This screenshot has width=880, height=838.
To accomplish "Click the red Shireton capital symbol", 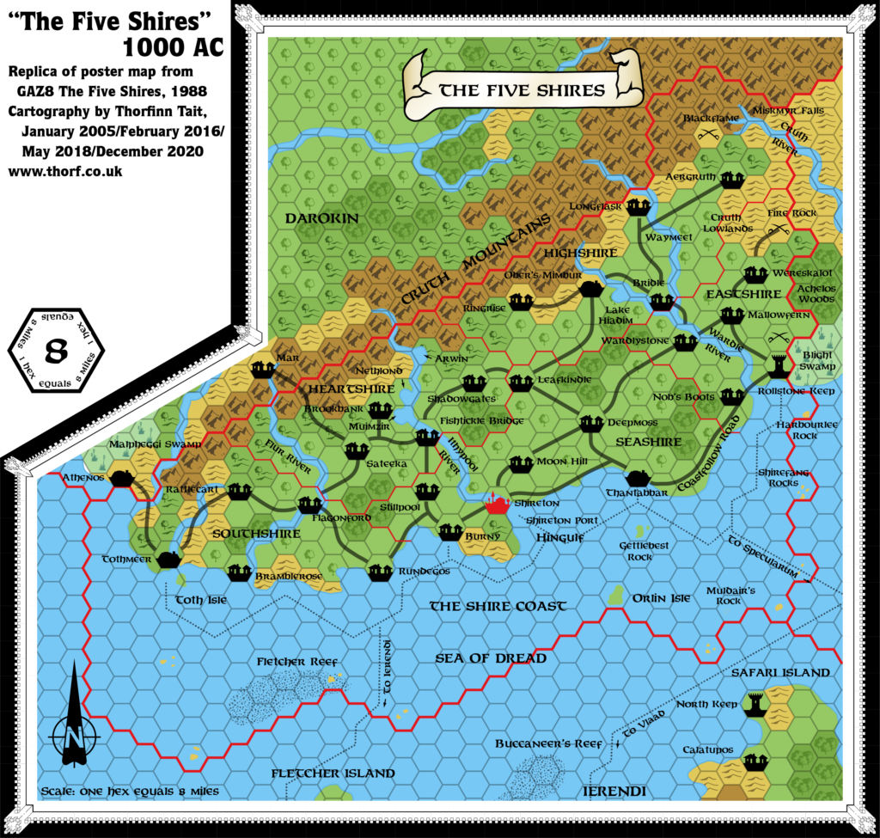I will pyautogui.click(x=496, y=504).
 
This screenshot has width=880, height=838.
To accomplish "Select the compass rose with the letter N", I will pyautogui.click(x=74, y=732).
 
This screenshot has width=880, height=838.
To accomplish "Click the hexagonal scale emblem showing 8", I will pyautogui.click(x=56, y=350).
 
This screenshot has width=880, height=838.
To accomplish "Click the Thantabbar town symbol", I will pyautogui.click(x=639, y=478).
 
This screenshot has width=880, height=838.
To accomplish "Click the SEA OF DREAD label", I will pyautogui.click(x=490, y=658).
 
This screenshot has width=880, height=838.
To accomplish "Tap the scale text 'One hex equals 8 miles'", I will pyautogui.click(x=129, y=791).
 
